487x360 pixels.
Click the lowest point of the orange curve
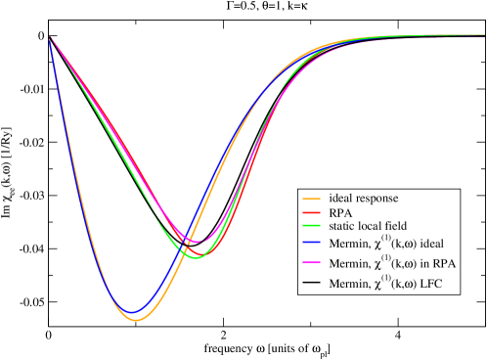tap(136, 320)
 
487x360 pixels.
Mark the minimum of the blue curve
tap(131, 313)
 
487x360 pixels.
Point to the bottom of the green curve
tap(196, 257)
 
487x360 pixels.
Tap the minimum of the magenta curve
tap(195, 241)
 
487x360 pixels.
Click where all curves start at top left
tap(50, 38)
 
